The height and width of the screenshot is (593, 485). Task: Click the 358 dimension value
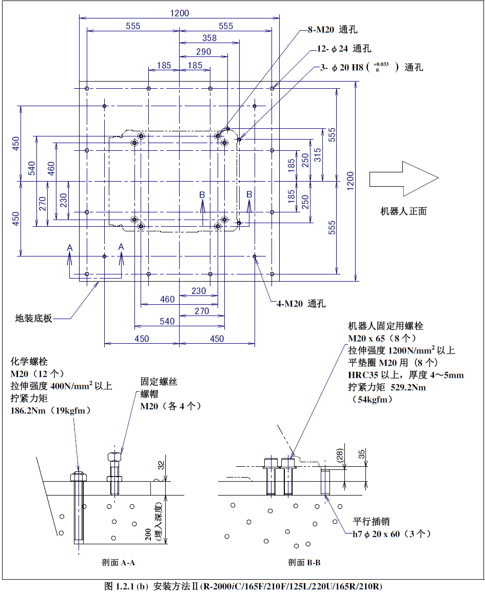[209, 38]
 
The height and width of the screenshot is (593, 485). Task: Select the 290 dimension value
[203, 52]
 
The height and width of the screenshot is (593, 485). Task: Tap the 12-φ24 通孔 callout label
[343, 49]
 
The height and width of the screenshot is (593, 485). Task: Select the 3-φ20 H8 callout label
[372, 67]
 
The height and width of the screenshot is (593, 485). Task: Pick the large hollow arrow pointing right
[403, 178]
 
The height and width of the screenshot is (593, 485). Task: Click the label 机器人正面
[403, 211]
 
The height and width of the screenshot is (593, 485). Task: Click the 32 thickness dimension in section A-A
[161, 466]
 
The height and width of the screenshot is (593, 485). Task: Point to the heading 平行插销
[371, 522]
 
